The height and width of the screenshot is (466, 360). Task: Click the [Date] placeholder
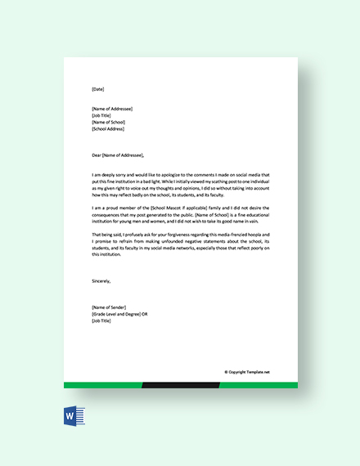(98, 88)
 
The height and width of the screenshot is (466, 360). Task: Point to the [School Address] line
(108, 128)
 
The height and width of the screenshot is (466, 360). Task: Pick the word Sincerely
(102, 279)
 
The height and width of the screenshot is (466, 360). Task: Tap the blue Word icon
(70, 418)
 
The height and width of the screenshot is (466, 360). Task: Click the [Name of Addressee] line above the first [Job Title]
(112, 109)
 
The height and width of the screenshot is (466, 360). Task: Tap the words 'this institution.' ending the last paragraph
(106, 254)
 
